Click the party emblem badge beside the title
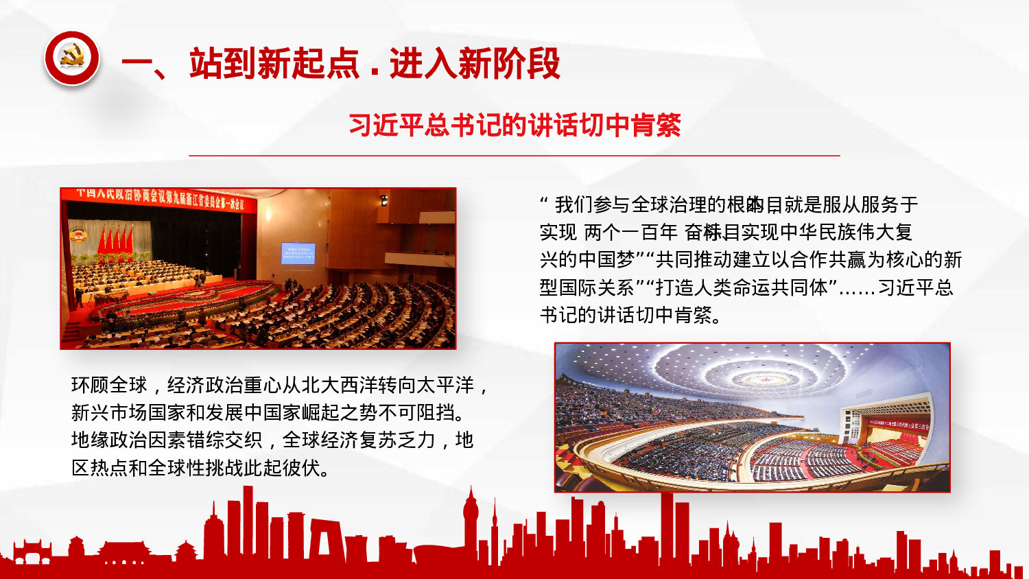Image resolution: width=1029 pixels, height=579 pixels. [71, 59]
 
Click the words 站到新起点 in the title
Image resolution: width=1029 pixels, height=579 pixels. [274, 64]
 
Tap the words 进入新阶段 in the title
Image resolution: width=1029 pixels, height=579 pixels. [475, 64]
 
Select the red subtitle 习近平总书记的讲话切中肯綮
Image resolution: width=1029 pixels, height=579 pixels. [514, 126]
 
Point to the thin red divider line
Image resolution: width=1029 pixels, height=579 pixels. [514, 156]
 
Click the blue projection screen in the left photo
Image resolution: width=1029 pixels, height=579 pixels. [298, 253]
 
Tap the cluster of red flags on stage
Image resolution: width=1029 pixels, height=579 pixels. [115, 240]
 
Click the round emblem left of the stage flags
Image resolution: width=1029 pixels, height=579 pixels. [78, 235]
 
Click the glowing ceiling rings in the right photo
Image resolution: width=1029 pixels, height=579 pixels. [748, 370]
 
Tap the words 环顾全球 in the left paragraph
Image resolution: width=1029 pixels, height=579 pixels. [110, 386]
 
